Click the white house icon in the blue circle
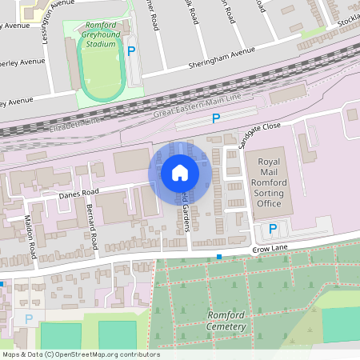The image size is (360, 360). pos(180,172)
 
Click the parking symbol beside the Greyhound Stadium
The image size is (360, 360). pos(131,50)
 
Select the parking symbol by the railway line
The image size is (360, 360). pos(215,119)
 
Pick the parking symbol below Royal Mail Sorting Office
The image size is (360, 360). pos(273,229)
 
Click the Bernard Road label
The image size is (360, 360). pos(91,226)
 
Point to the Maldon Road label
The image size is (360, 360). pos(30,238)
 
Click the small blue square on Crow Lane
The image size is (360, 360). pos(219,257)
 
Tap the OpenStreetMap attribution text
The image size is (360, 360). pos(81,354)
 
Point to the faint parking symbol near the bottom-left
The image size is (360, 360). pos(29,318)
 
